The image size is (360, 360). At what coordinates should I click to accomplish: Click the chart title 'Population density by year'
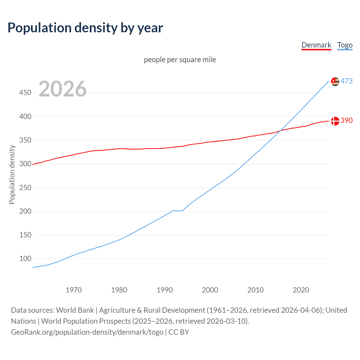(85, 28)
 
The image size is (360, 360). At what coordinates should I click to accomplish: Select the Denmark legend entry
(316, 45)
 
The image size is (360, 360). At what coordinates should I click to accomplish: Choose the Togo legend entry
(345, 45)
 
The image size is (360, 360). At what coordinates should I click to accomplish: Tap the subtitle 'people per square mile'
(180, 60)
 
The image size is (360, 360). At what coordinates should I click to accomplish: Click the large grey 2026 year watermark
(62, 89)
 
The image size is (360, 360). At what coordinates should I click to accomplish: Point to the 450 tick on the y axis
(25, 93)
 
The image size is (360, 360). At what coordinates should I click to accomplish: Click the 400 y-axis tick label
(25, 116)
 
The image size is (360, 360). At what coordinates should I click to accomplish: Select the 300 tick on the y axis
(25, 164)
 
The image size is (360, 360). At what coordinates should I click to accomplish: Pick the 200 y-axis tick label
(25, 211)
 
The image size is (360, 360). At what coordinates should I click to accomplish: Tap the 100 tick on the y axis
(25, 258)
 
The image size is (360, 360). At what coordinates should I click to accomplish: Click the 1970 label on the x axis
(74, 290)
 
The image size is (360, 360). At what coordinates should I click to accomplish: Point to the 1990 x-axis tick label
(165, 290)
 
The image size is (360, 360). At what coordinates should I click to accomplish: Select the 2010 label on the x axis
(255, 290)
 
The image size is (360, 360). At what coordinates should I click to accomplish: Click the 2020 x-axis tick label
(301, 290)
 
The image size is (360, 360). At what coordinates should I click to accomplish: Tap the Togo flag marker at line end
(335, 82)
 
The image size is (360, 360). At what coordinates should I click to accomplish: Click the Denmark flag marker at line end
(335, 121)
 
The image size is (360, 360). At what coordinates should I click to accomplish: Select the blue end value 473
(346, 81)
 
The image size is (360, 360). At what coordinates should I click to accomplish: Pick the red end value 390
(346, 121)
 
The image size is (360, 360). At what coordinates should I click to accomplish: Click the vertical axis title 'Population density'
(12, 174)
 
